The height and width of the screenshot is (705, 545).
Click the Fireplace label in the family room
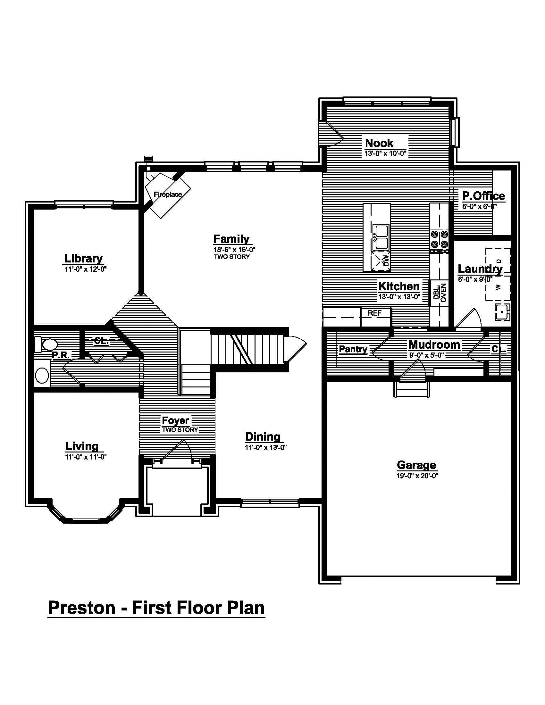coord(168,194)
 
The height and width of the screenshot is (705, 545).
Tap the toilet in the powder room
coord(46,344)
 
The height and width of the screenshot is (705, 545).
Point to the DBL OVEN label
coord(440,293)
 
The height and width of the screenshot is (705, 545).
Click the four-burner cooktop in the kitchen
coord(440,239)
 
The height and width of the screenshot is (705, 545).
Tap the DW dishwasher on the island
coord(381,260)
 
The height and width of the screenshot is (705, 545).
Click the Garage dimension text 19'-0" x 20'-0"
coord(417,476)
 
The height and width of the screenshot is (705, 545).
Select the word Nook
coord(379,143)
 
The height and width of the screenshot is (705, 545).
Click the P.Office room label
coord(483,195)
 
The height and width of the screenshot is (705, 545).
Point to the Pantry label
coord(353,349)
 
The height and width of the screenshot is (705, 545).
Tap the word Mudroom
coord(434,344)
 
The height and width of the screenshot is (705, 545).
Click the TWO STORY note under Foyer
coord(180,430)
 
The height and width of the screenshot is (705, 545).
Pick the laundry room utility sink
coord(502,312)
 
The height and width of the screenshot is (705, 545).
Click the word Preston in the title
coord(81,608)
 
